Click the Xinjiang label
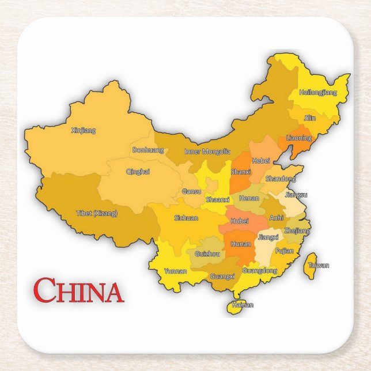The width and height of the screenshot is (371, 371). (x=83, y=130)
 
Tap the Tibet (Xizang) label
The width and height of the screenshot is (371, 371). (x=97, y=213)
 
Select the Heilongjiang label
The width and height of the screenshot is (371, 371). (x=317, y=92)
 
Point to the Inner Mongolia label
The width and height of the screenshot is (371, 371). (x=207, y=152)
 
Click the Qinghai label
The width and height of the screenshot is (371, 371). (x=138, y=171)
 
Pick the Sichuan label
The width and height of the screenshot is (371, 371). (x=186, y=218)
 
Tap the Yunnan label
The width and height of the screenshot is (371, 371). (x=175, y=271)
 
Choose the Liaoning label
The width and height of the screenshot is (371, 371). (x=299, y=138)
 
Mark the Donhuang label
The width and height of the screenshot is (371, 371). (x=148, y=150)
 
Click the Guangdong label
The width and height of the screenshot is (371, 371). (x=260, y=270)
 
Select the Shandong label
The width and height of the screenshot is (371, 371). (x=281, y=179)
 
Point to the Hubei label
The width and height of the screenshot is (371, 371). (x=239, y=221)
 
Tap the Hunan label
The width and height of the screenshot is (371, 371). (x=240, y=244)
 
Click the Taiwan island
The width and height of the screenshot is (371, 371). (x=313, y=266)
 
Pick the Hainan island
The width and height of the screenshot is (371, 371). (x=237, y=305)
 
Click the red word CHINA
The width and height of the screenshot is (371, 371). (x=78, y=291)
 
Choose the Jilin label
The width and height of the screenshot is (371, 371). (x=310, y=118)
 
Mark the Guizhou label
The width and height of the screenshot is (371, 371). (x=207, y=253)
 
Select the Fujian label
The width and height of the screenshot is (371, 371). (x=285, y=251)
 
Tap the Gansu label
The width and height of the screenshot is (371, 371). (x=191, y=191)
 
